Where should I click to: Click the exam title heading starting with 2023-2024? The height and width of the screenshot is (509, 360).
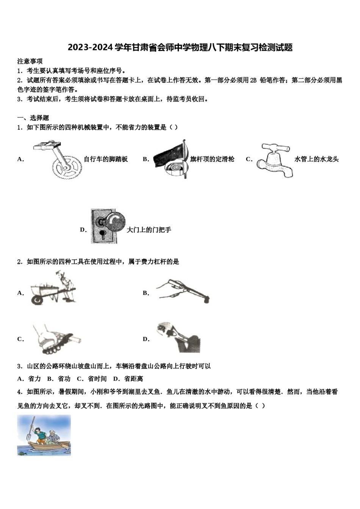tap(180, 48)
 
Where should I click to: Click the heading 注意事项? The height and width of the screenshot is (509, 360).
tap(30, 61)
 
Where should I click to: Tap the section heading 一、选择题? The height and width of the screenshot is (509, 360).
tap(33, 118)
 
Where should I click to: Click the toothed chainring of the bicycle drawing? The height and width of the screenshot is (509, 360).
tap(67, 166)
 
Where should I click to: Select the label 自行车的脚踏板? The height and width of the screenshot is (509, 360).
tap(106, 159)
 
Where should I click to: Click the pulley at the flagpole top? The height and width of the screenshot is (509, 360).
tap(175, 167)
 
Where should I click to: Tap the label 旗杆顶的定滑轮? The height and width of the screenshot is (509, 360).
tap(212, 159)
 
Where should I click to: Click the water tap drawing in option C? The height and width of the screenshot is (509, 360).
tap(275, 161)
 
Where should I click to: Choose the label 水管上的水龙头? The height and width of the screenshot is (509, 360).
tap(316, 159)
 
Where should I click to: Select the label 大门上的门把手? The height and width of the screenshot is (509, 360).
tap(149, 230)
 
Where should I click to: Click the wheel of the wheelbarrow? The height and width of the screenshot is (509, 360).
tap(37, 300)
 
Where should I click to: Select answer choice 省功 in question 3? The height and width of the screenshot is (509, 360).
tap(64, 379)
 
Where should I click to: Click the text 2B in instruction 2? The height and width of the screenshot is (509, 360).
tap(253, 80)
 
